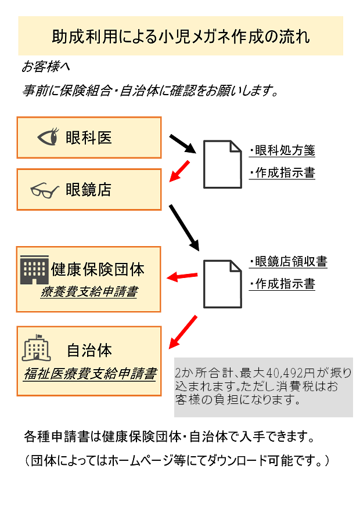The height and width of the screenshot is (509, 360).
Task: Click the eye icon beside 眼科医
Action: (x=48, y=136)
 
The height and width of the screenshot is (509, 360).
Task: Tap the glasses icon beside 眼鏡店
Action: (x=45, y=190)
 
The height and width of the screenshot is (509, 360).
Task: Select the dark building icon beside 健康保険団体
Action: (x=34, y=270)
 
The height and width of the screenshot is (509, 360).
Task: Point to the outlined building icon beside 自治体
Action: (x=37, y=348)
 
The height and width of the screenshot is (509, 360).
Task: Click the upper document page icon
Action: (x=222, y=164)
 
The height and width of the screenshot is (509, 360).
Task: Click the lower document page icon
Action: (x=222, y=284)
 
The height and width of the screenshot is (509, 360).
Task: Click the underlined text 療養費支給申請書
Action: (x=89, y=291)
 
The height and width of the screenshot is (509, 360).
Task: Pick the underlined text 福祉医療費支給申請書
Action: (x=90, y=374)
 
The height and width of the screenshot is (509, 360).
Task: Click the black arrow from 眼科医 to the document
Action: (x=182, y=144)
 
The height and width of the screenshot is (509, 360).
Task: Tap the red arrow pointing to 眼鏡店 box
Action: (x=179, y=171)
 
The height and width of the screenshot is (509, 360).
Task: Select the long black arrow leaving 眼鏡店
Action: (x=184, y=228)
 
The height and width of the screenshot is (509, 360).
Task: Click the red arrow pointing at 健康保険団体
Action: (x=182, y=277)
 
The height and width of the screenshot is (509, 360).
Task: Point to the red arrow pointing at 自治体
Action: (x=183, y=332)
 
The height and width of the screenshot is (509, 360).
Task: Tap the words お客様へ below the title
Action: (x=45, y=67)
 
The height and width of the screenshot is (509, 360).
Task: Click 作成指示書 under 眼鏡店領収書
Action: (x=282, y=284)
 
